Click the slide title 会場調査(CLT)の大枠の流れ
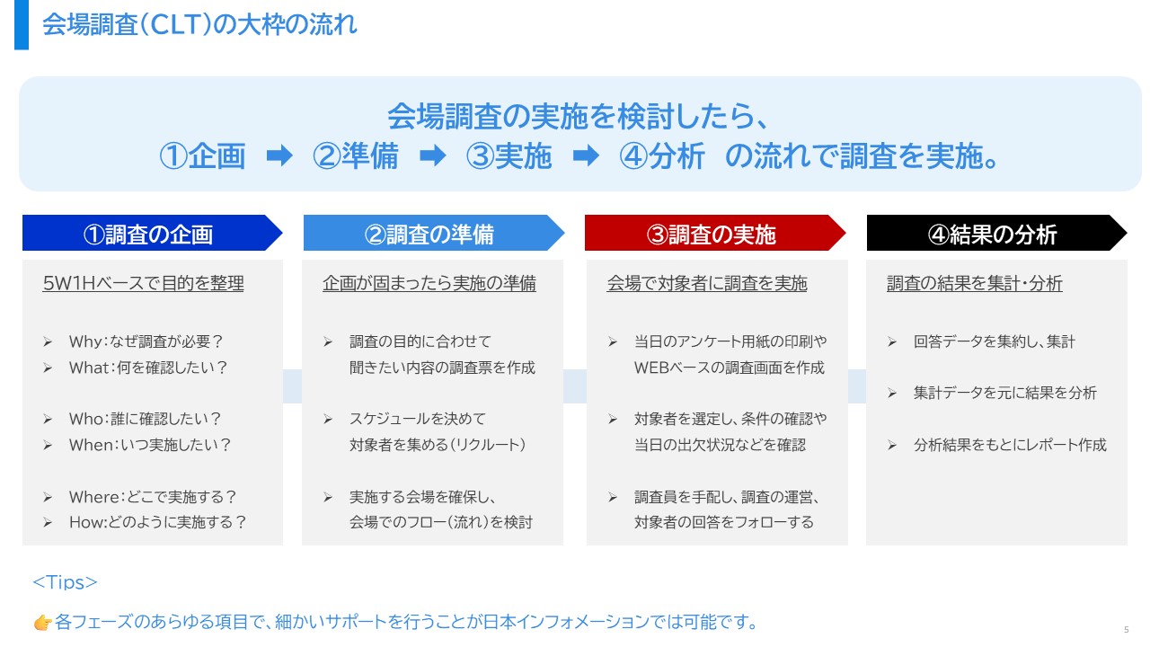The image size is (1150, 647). [x=199, y=24]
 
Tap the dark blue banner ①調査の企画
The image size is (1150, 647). [x=152, y=233]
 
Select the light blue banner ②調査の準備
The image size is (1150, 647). [x=434, y=233]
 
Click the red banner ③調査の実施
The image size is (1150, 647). [x=715, y=233]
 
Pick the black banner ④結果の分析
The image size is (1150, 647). [x=996, y=233]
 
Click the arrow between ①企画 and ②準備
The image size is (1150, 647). [x=279, y=155]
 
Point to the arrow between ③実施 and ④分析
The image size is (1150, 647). [x=586, y=155]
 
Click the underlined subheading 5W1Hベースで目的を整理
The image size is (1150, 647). [x=143, y=283]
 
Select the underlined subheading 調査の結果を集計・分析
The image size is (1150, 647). [x=975, y=283]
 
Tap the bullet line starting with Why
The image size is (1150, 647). [x=146, y=341]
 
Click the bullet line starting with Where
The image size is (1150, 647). [x=153, y=497]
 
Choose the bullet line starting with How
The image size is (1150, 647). [x=157, y=523]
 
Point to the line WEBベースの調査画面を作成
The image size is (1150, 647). [x=729, y=368]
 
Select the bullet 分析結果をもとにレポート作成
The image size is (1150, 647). [x=1010, y=445]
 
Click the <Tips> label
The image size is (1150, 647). [x=65, y=582]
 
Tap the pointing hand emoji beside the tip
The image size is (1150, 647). [x=43, y=623]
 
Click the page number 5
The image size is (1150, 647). [x=1127, y=630]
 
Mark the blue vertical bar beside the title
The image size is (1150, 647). [x=22, y=24]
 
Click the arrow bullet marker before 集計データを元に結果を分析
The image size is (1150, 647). [x=892, y=394]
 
